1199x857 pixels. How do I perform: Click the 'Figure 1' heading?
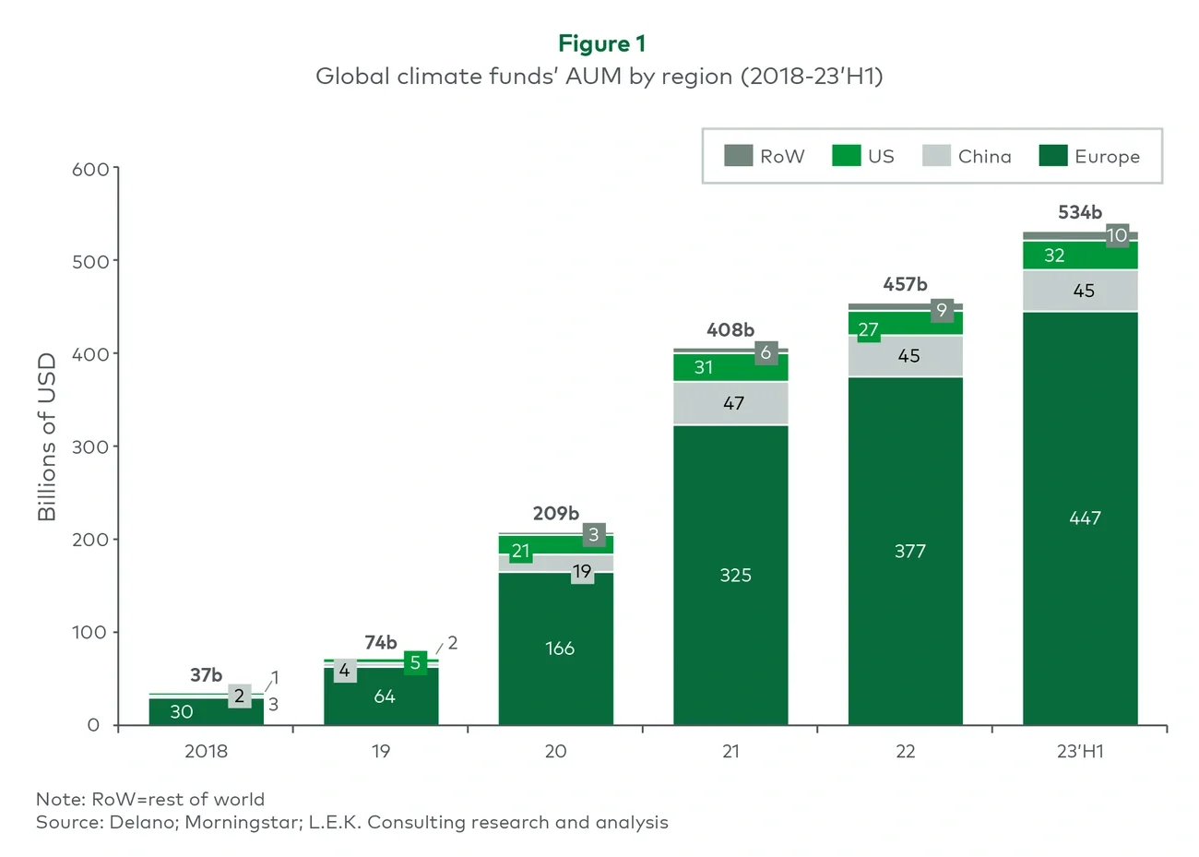click(601, 43)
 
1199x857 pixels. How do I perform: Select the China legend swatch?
click(936, 156)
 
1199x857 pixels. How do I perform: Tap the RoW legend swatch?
click(738, 156)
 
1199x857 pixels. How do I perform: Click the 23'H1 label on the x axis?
click(1080, 751)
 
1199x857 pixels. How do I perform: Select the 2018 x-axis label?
click(206, 751)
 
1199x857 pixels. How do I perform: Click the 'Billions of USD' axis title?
click(47, 436)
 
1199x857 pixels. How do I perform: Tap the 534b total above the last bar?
click(1080, 212)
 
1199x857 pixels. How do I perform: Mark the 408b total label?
click(730, 329)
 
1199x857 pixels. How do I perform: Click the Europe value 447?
click(1085, 518)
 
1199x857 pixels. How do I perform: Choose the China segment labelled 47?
click(733, 403)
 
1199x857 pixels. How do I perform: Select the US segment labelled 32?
click(1054, 256)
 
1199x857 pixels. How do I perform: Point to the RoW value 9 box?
click(942, 310)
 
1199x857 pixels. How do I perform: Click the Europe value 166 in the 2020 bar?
click(560, 649)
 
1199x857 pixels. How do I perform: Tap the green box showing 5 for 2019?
click(415, 662)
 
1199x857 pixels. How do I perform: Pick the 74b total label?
click(381, 642)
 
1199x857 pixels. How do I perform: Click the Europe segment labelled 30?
click(182, 711)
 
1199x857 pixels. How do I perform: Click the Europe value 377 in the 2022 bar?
click(909, 552)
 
